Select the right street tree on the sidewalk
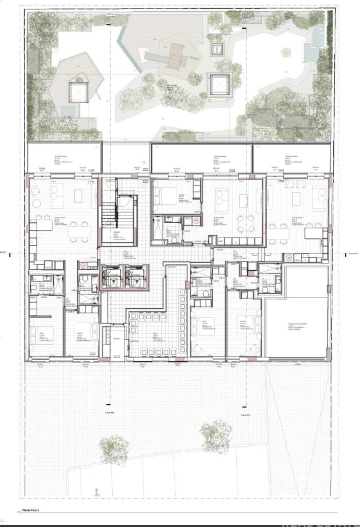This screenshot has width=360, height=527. (216, 435)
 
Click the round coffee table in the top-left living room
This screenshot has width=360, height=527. (36, 203)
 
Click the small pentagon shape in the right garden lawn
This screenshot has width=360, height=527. (286, 52)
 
